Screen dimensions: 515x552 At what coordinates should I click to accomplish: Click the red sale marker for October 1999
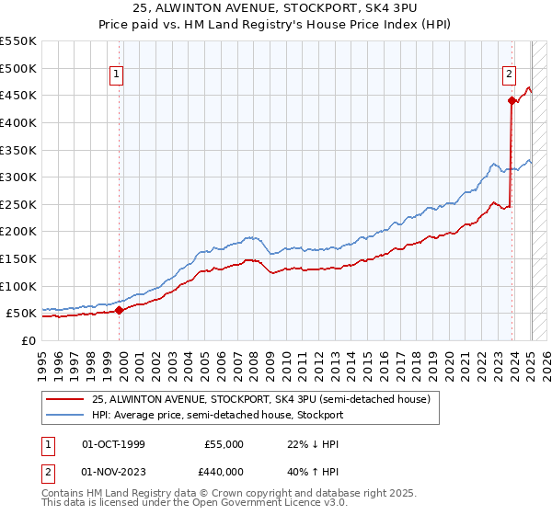tap(119, 310)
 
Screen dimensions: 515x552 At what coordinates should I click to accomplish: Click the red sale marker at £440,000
tap(511, 101)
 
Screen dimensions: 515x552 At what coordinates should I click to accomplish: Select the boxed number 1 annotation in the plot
tap(117, 76)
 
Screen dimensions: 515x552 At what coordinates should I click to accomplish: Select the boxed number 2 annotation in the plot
tap(509, 76)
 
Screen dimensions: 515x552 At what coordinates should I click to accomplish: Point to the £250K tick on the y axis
tap(19, 204)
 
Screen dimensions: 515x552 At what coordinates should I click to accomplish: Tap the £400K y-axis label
tap(19, 122)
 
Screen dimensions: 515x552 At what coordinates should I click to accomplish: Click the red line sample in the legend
tap(63, 400)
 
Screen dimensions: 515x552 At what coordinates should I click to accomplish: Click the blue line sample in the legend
tap(63, 416)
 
